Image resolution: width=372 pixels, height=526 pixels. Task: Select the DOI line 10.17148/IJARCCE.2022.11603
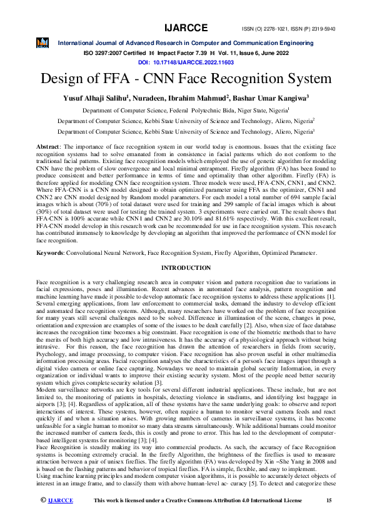[186, 63]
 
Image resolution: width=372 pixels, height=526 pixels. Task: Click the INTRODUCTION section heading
[186, 267]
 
